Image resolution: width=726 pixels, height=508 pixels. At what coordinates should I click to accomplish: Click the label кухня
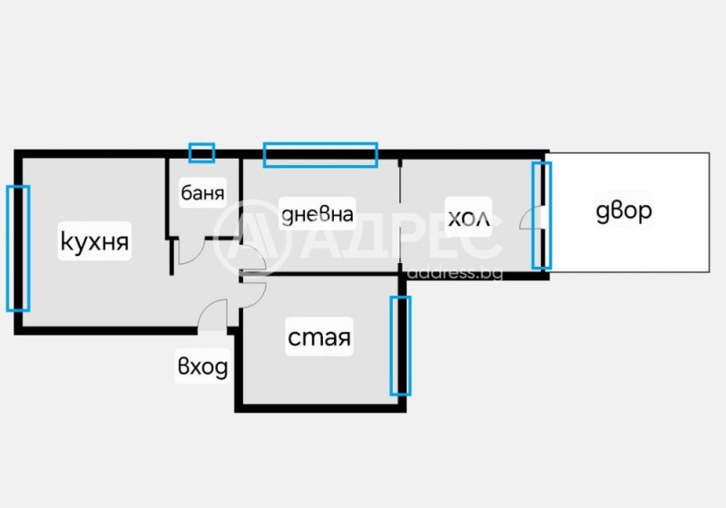(x=95, y=242)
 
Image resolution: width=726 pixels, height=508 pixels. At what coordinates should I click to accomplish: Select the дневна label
(x=317, y=214)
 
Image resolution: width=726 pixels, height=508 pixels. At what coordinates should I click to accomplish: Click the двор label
(x=623, y=211)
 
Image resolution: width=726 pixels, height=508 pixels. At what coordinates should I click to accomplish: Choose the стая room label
(x=319, y=338)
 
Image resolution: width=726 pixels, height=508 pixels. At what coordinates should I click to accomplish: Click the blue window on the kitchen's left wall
(x=18, y=248)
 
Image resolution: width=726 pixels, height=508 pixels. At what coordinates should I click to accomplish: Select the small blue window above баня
(x=201, y=152)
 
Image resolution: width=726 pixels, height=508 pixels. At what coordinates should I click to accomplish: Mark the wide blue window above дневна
(x=319, y=154)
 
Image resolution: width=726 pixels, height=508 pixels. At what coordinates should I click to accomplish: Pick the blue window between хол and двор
(x=541, y=215)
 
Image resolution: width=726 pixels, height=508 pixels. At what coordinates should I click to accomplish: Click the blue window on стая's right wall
(x=400, y=346)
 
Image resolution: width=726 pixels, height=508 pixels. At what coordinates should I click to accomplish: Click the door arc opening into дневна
(x=252, y=259)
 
